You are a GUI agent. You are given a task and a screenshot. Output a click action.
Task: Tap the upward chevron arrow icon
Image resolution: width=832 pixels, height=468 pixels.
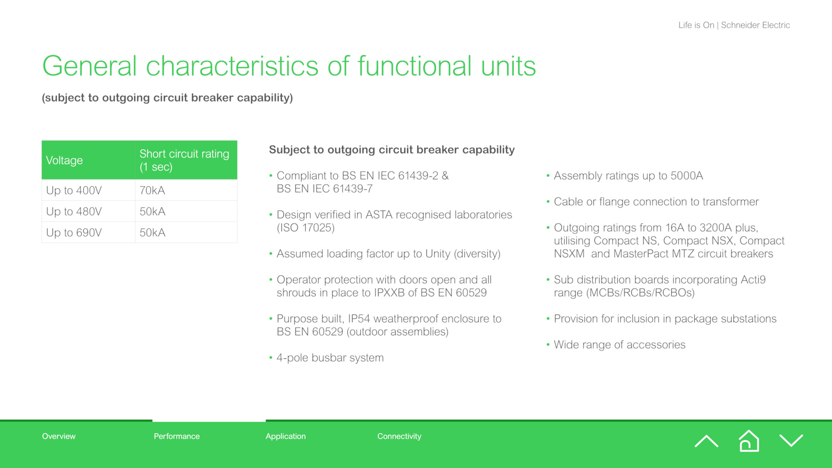tap(707, 441)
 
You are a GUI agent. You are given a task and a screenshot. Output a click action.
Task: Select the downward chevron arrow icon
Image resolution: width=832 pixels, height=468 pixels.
tap(791, 440)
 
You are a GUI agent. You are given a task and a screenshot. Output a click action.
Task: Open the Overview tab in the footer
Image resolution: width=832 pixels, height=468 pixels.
tap(59, 436)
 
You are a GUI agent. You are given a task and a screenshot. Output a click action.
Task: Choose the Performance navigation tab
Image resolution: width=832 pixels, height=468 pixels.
tap(177, 436)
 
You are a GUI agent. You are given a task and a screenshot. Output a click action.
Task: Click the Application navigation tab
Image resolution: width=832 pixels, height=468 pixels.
tap(285, 436)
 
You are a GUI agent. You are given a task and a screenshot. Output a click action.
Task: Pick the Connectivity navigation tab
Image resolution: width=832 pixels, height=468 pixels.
tap(399, 436)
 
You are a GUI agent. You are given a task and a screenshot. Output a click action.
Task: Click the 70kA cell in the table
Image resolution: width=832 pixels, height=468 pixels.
tap(152, 190)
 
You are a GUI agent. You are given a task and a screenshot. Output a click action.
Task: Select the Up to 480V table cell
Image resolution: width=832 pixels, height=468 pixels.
tap(74, 211)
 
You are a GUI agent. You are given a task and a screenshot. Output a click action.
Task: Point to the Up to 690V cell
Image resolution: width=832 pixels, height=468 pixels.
tap(74, 232)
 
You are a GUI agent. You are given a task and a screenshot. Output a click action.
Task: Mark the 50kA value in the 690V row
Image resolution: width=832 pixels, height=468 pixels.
tap(152, 232)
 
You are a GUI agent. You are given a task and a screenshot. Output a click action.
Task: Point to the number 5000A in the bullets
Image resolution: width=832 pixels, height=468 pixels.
tap(687, 176)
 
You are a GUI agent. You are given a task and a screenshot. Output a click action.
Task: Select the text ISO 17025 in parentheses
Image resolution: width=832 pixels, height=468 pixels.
tap(306, 228)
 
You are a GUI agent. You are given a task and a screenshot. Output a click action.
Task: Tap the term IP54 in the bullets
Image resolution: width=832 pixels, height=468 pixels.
tap(359, 319)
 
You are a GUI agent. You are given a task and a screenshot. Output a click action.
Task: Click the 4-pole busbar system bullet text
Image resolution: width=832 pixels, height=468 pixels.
tap(330, 358)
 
